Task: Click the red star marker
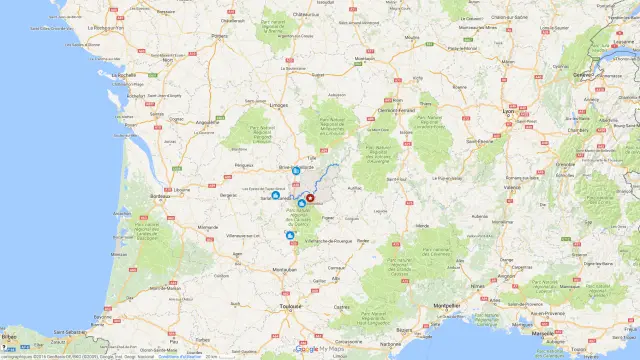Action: coord(310,198)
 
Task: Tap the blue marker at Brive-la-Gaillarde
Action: coord(296,171)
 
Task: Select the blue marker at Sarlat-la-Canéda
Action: coord(276,196)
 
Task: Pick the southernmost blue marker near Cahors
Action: coord(291,235)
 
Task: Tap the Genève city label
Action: coord(581,73)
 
